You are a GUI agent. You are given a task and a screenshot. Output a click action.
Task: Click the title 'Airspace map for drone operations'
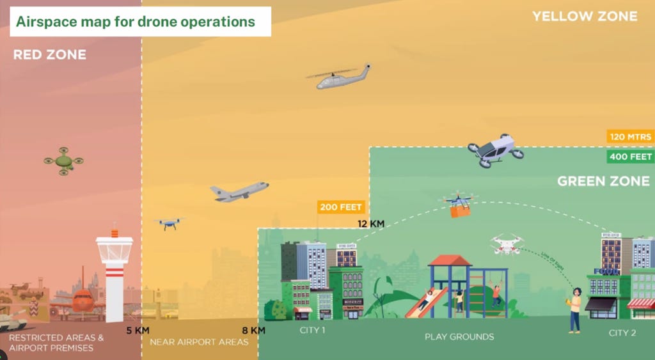tap(135, 21)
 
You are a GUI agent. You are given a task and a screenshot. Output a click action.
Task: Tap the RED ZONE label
tap(49, 55)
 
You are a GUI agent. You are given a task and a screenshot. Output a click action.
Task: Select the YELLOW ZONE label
tap(585, 17)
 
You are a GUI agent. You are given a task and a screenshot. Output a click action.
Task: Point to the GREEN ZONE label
tap(603, 182)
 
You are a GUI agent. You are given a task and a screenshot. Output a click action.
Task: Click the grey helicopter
tap(340, 77)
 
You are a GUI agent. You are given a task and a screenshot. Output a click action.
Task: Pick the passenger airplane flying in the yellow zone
tap(239, 191)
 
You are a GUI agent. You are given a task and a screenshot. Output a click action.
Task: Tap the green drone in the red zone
tap(63, 161)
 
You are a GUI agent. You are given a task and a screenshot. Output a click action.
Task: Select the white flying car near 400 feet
tap(496, 151)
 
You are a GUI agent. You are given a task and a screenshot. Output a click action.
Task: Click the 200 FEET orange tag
tap(342, 207)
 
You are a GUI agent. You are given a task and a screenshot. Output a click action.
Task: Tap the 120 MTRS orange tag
tap(629, 137)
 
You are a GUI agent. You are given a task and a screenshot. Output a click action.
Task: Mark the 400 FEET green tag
tap(629, 157)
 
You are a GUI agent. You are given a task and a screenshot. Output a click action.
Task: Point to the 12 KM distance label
tap(370, 224)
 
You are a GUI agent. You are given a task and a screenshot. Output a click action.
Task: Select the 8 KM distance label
tap(254, 331)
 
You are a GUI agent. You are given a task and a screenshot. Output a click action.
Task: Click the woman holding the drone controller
tap(574, 309)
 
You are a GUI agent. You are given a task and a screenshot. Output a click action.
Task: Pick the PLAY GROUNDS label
tap(459, 336)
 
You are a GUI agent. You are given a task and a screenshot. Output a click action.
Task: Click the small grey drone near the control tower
tap(169, 223)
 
